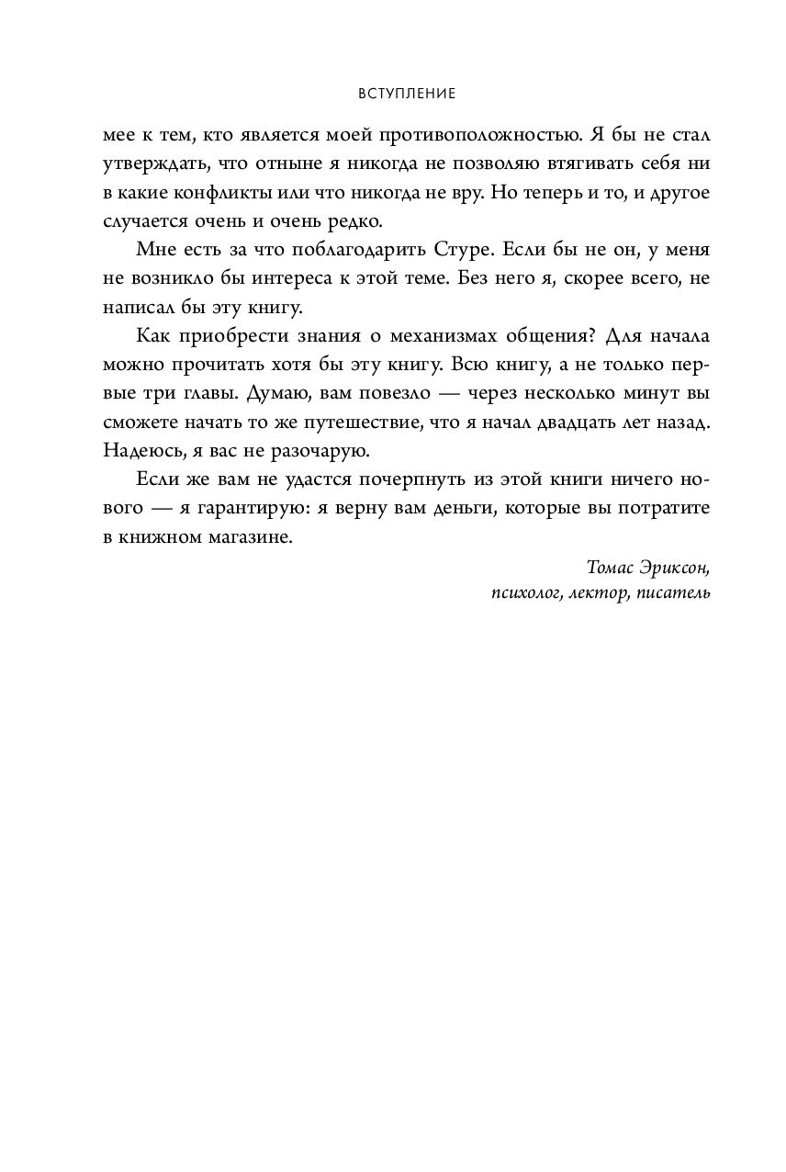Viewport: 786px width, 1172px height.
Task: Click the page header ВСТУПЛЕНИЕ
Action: click(392, 94)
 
